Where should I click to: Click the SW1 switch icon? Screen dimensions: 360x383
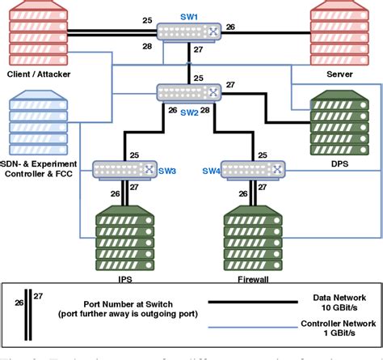coord(190,32)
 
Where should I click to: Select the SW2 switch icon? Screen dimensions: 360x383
coord(190,92)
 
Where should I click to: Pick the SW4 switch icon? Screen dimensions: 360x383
coord(255,169)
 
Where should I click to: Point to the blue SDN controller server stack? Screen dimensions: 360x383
coord(37,122)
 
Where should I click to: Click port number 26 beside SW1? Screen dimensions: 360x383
coord(230,28)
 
